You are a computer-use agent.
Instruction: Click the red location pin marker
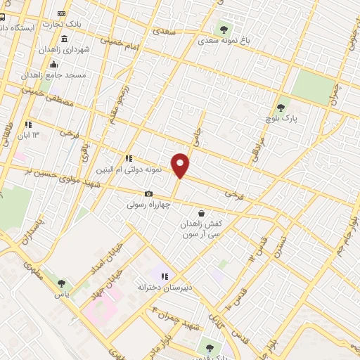[x=181, y=165]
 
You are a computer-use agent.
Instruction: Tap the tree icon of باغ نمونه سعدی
[x=224, y=30]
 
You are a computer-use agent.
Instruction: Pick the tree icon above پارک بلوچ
[x=281, y=108]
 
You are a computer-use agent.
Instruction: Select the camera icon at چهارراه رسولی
[x=148, y=194]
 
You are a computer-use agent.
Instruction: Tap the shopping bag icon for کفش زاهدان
[x=201, y=213]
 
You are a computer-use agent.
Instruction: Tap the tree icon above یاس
[x=63, y=283]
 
